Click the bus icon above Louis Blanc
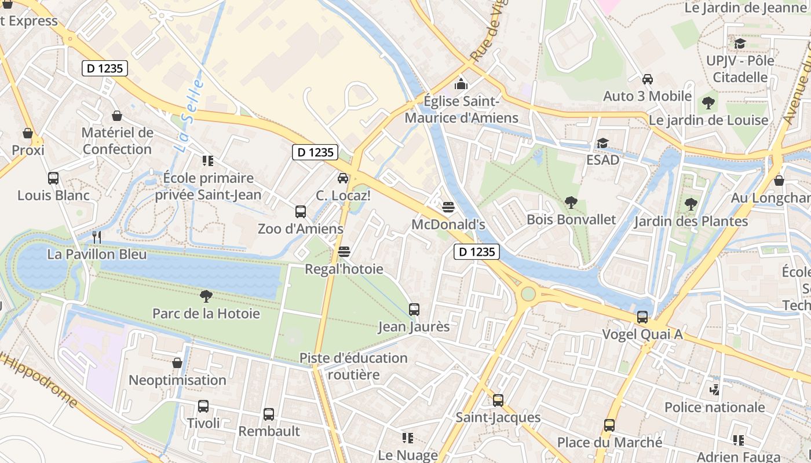coord(53,178)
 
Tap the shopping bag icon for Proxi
coord(28,134)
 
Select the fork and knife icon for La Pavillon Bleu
coord(97,237)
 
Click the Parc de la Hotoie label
coord(206,314)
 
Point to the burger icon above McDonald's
coord(448,207)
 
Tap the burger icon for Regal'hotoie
coord(344,252)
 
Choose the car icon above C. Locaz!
coord(343,178)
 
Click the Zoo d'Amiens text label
coord(300,229)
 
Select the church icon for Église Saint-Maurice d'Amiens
coord(461,84)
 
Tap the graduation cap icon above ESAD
coord(603,143)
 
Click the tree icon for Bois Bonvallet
coord(571,203)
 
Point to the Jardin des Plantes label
coord(691,221)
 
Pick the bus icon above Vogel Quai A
coord(642,317)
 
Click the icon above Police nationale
coord(714,389)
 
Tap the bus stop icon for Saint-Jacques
coord(498,400)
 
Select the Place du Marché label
coord(609,443)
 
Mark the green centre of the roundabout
coord(528,294)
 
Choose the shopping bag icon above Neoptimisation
coord(177,363)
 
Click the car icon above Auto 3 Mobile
coord(648,79)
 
